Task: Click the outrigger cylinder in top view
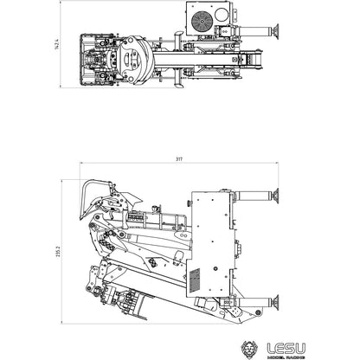[258, 35]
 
